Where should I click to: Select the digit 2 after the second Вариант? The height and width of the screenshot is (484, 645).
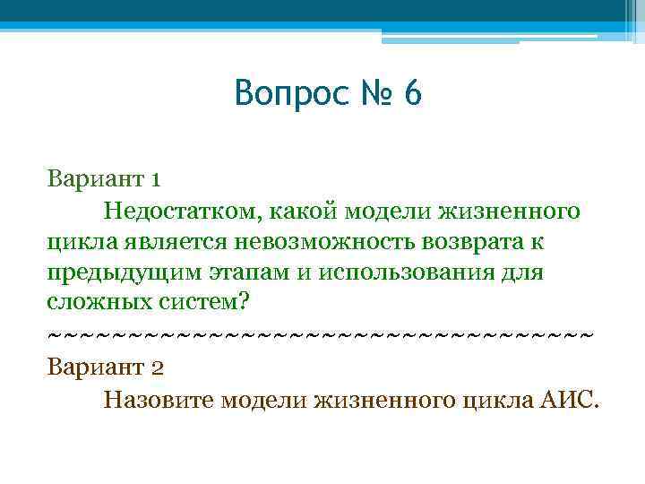click(157, 367)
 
